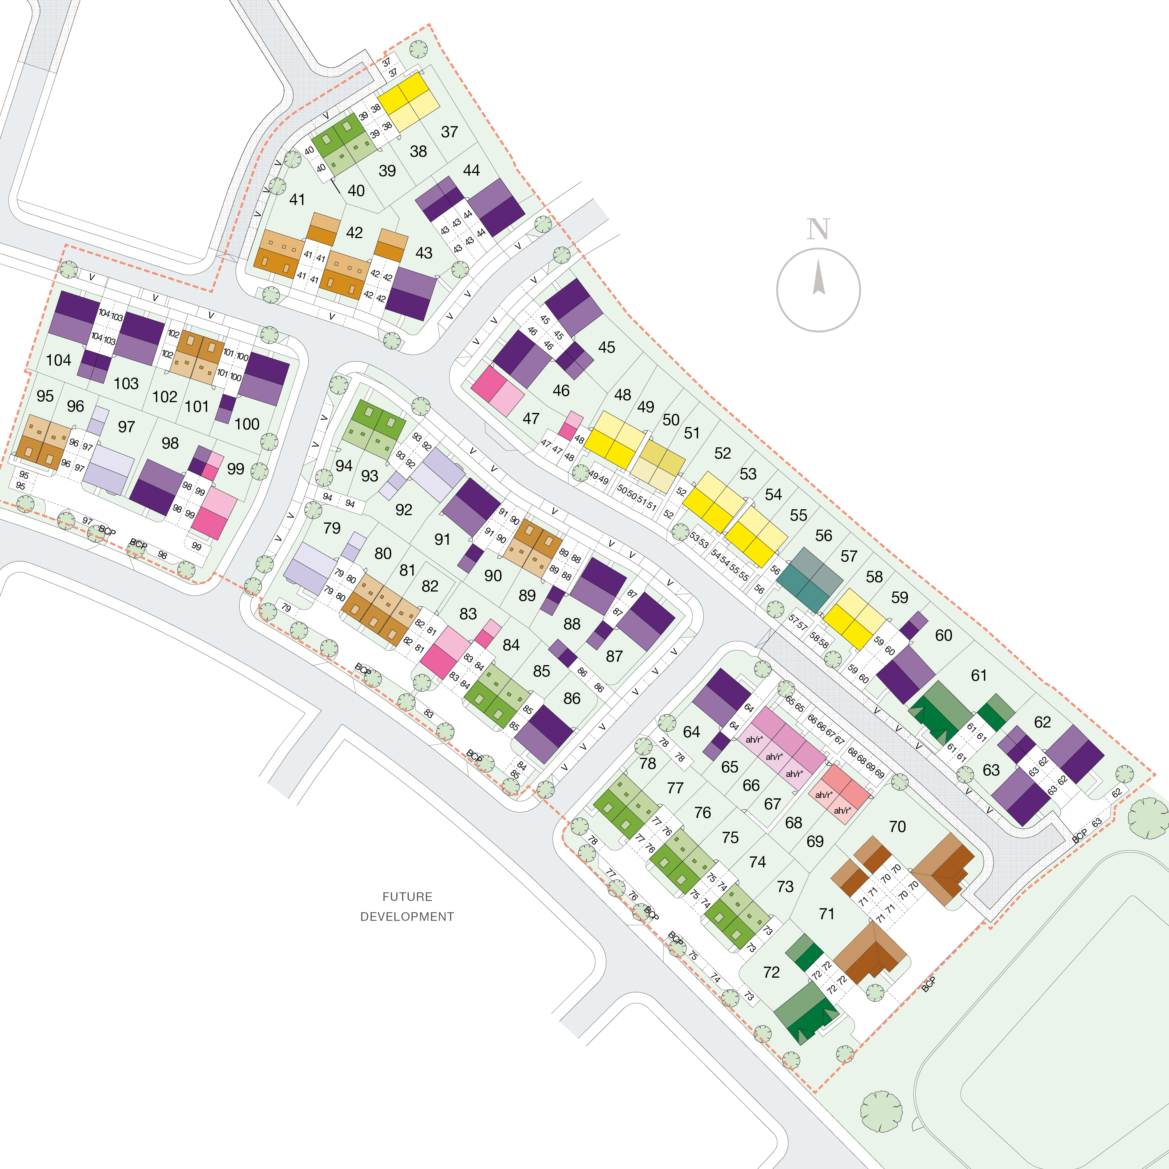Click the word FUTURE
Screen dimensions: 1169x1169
(x=407, y=897)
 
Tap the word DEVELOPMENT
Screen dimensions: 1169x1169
(x=407, y=916)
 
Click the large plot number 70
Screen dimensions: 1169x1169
(x=897, y=826)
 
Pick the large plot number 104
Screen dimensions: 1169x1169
(x=59, y=360)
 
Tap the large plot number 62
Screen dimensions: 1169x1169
(x=1042, y=722)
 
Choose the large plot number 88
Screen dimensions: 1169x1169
(x=572, y=624)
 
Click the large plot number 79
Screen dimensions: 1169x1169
(x=332, y=528)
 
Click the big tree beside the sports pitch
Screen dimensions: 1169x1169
(x=881, y=1111)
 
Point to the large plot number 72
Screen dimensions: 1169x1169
(x=772, y=972)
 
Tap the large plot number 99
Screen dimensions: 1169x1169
(x=235, y=469)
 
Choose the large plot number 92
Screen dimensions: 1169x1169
(x=404, y=510)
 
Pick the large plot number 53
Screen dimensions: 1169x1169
(x=748, y=474)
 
